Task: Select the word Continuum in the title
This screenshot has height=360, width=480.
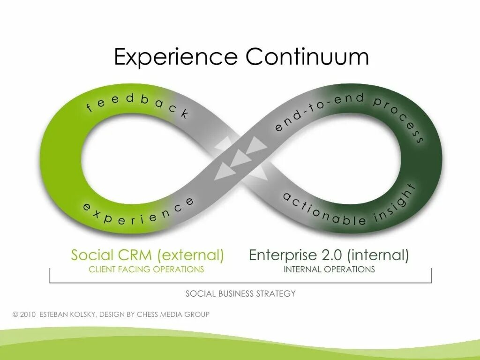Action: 307,57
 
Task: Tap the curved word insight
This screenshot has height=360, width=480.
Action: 397,203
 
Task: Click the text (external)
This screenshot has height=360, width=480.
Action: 191,255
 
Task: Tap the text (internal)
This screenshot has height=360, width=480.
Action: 379,255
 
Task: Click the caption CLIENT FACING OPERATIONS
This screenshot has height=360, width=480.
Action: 146,270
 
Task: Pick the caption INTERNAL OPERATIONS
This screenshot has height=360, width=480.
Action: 329,270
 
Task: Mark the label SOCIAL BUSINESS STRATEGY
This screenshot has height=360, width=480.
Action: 240,294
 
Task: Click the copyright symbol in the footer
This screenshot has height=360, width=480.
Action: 15,315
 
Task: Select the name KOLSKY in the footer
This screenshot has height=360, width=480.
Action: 82,315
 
